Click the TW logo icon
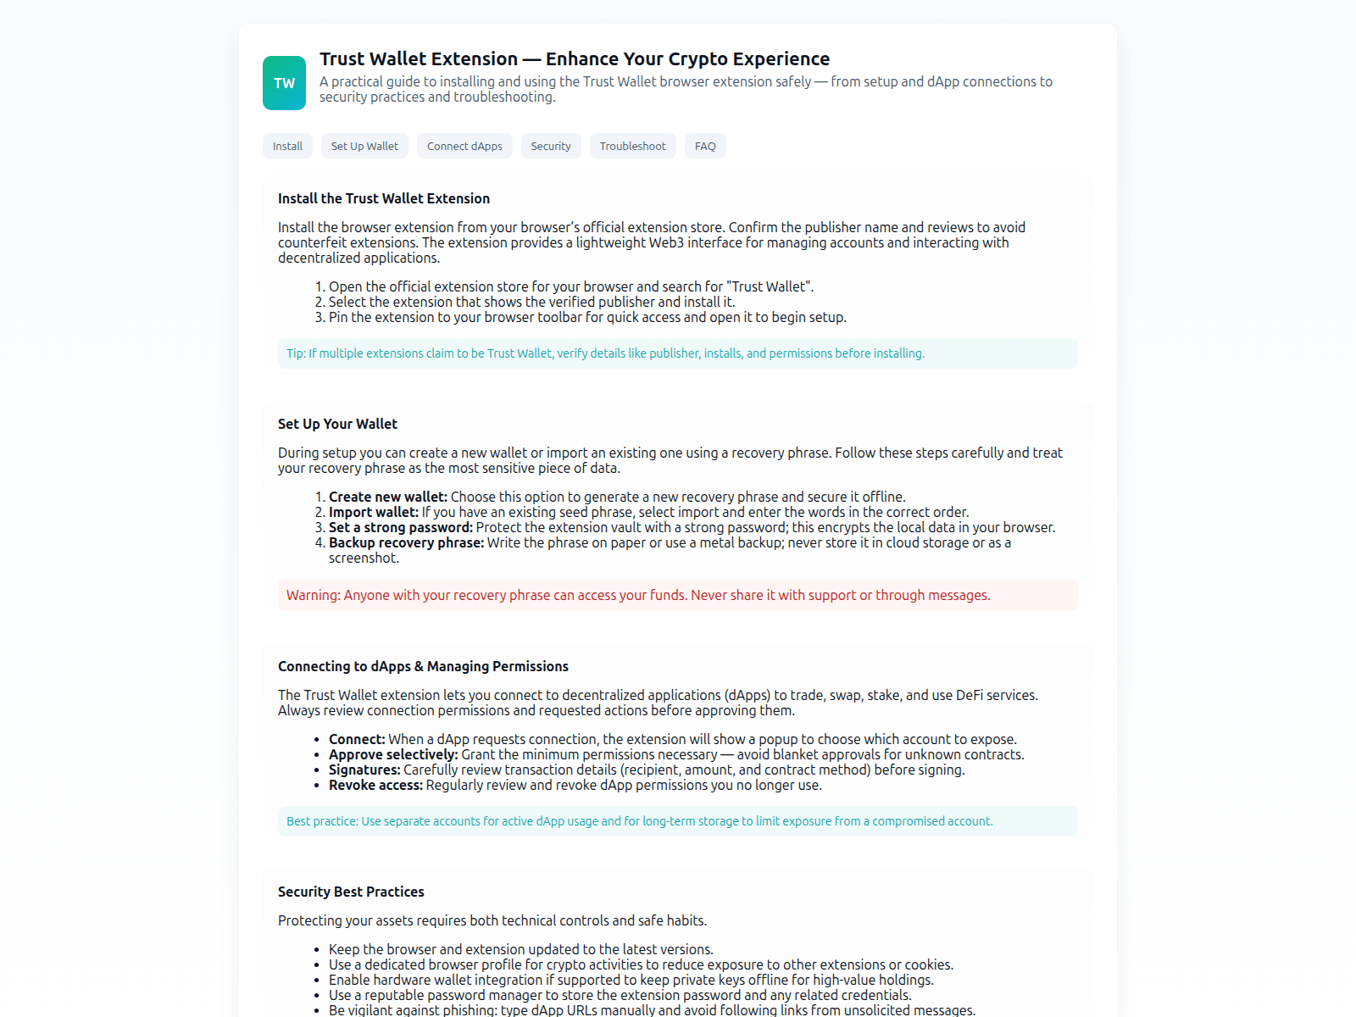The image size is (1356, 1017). tap(284, 83)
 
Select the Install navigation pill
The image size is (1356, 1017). tap(287, 146)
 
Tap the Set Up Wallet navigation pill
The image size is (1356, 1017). tap(364, 146)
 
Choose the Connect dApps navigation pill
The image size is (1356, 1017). tap(464, 146)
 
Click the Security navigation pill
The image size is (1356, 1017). tap(551, 146)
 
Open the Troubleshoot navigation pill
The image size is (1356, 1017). tap(632, 146)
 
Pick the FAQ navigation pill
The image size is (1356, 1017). tap(705, 146)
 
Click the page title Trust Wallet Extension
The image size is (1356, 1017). tap(574, 59)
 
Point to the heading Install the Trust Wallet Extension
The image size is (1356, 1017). tap(384, 198)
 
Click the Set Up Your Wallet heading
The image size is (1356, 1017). tap(337, 424)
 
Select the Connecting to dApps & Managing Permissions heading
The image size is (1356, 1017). tap(423, 666)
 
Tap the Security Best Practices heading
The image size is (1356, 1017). tap(351, 892)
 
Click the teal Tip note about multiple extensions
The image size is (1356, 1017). tap(605, 353)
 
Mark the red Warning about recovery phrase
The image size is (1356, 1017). tap(637, 595)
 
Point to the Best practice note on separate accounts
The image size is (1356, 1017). tap(639, 821)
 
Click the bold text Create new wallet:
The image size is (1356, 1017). tap(387, 497)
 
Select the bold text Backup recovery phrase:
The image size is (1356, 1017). tap(406, 542)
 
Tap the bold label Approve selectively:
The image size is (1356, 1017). tap(393, 754)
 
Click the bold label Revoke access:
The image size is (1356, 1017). tap(375, 785)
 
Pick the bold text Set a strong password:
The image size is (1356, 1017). tap(400, 527)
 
